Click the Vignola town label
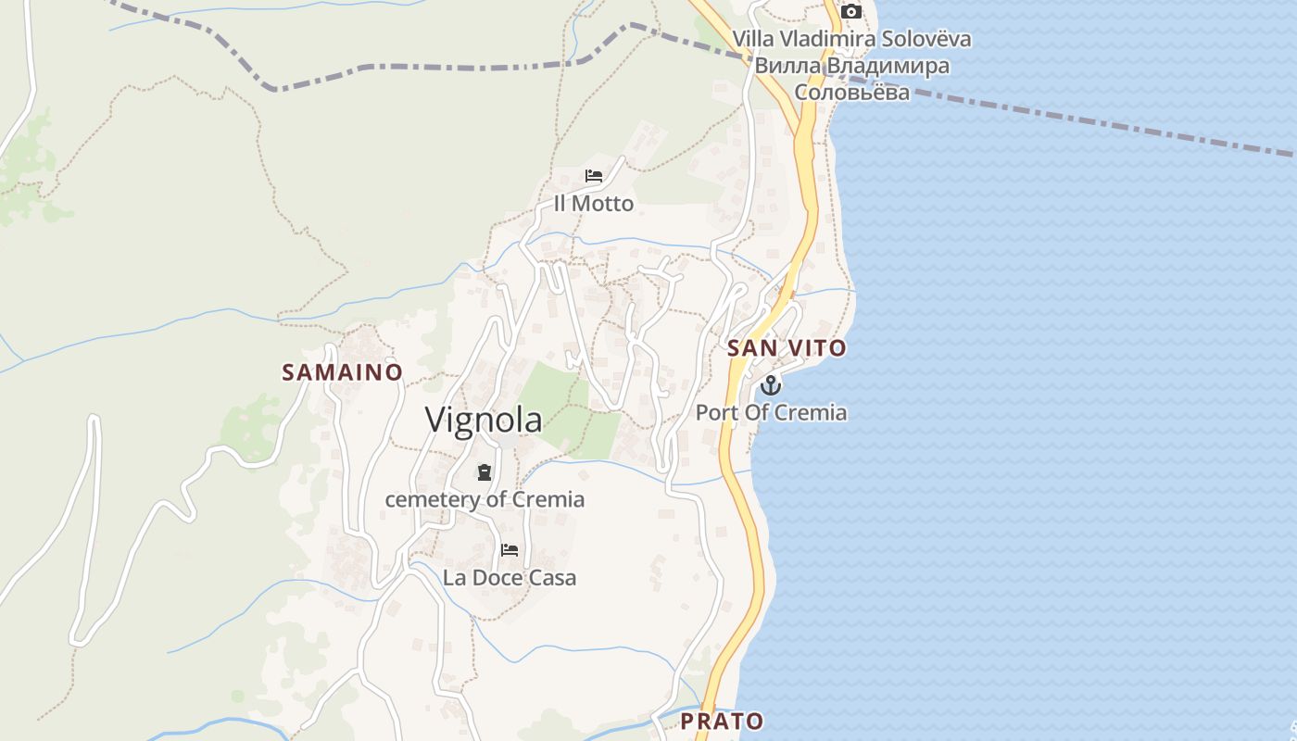pos(484,420)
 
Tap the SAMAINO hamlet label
pos(342,372)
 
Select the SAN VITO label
pos(787,348)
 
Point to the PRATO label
pos(723,721)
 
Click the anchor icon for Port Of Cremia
pos(771,385)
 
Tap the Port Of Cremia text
pos(771,412)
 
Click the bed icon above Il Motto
pos(594,176)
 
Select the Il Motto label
pos(594,204)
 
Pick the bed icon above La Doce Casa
pos(510,550)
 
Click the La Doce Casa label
pos(510,578)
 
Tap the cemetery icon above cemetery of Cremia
pos(484,473)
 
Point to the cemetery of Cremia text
pos(485,500)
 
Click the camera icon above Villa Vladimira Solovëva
pos(850,12)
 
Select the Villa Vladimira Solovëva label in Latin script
pos(852,39)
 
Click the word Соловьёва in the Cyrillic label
pos(852,92)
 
